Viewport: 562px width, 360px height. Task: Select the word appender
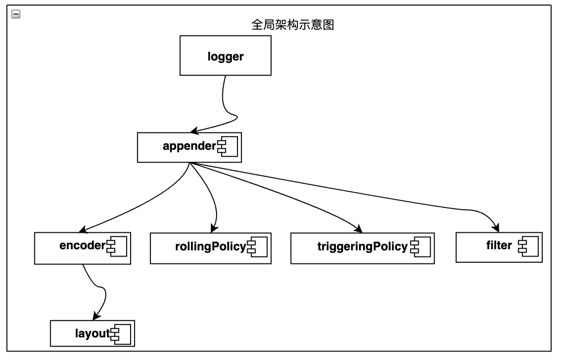[x=189, y=147]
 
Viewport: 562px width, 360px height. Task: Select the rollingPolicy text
[x=210, y=247]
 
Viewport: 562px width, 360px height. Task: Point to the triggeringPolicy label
[x=362, y=247]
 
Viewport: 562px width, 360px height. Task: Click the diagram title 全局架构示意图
[x=289, y=25]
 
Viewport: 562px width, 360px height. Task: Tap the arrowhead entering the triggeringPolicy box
[x=358, y=229]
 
